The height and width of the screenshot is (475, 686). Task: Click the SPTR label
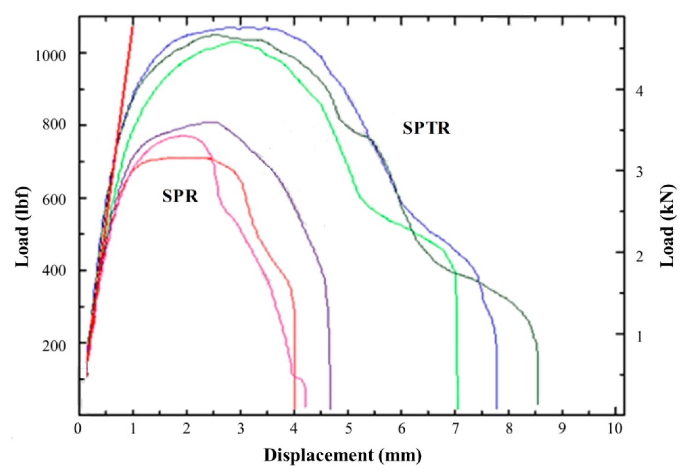tap(426, 129)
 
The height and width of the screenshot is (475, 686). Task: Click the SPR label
tap(180, 197)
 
